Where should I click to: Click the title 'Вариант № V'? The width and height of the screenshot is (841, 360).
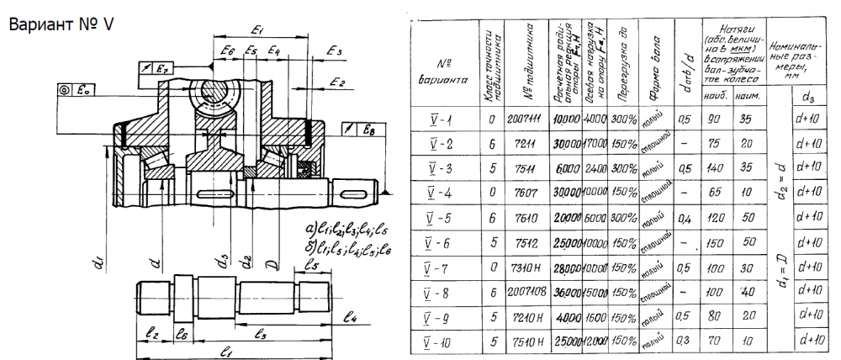click(x=60, y=24)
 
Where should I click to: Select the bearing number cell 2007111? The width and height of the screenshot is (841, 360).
click(x=524, y=119)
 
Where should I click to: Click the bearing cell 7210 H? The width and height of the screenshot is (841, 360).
click(x=524, y=320)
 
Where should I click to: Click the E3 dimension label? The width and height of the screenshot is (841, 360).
click(x=335, y=52)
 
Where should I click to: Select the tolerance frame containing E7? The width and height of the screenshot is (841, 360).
click(x=153, y=68)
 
